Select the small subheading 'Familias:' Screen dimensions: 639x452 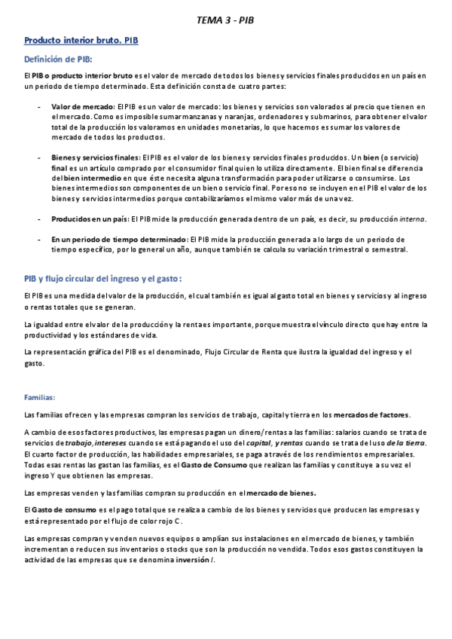coord(39,396)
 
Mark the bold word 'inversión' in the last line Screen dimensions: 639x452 coord(191,558)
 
